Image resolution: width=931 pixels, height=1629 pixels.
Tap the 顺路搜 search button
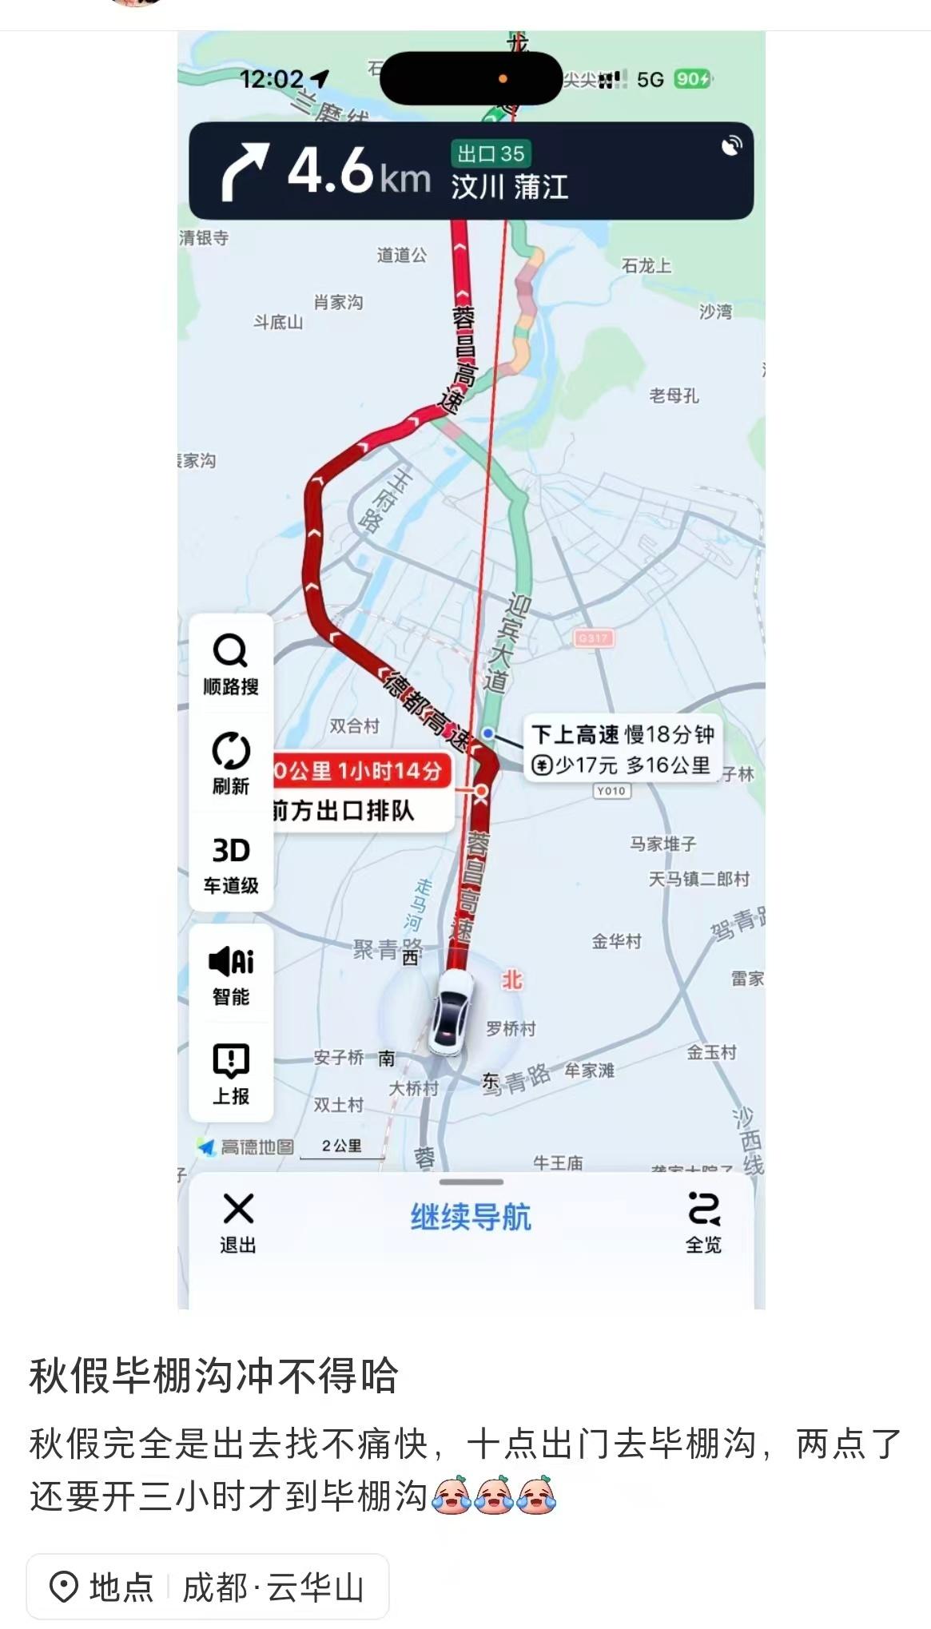click(230, 663)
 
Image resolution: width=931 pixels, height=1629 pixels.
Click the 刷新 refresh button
click(230, 762)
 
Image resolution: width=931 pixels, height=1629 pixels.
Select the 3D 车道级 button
click(230, 863)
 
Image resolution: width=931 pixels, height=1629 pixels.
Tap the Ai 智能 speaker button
click(230, 973)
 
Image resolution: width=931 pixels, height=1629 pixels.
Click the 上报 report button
click(230, 1073)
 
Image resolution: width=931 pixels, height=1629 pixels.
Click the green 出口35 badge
click(491, 153)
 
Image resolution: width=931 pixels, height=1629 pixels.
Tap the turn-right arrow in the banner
click(244, 170)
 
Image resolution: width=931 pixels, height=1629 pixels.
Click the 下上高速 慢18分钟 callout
click(622, 749)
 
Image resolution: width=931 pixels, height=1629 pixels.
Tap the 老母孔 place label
click(674, 395)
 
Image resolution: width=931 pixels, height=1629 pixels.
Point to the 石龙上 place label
click(646, 265)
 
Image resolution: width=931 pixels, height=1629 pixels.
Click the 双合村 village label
click(354, 725)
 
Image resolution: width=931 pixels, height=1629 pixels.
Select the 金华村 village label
click(616, 941)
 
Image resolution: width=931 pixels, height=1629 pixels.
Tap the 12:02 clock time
click(272, 79)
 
